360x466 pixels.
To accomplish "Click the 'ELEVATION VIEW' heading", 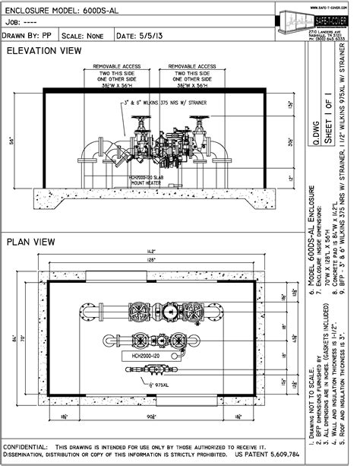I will pos(43,51).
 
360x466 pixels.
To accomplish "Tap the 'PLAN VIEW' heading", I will pos(30,243).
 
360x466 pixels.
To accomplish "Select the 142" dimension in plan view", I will pos(152,250).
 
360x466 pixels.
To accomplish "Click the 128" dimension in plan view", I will pos(152,259).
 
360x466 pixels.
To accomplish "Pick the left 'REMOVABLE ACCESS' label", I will pos(115,67).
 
